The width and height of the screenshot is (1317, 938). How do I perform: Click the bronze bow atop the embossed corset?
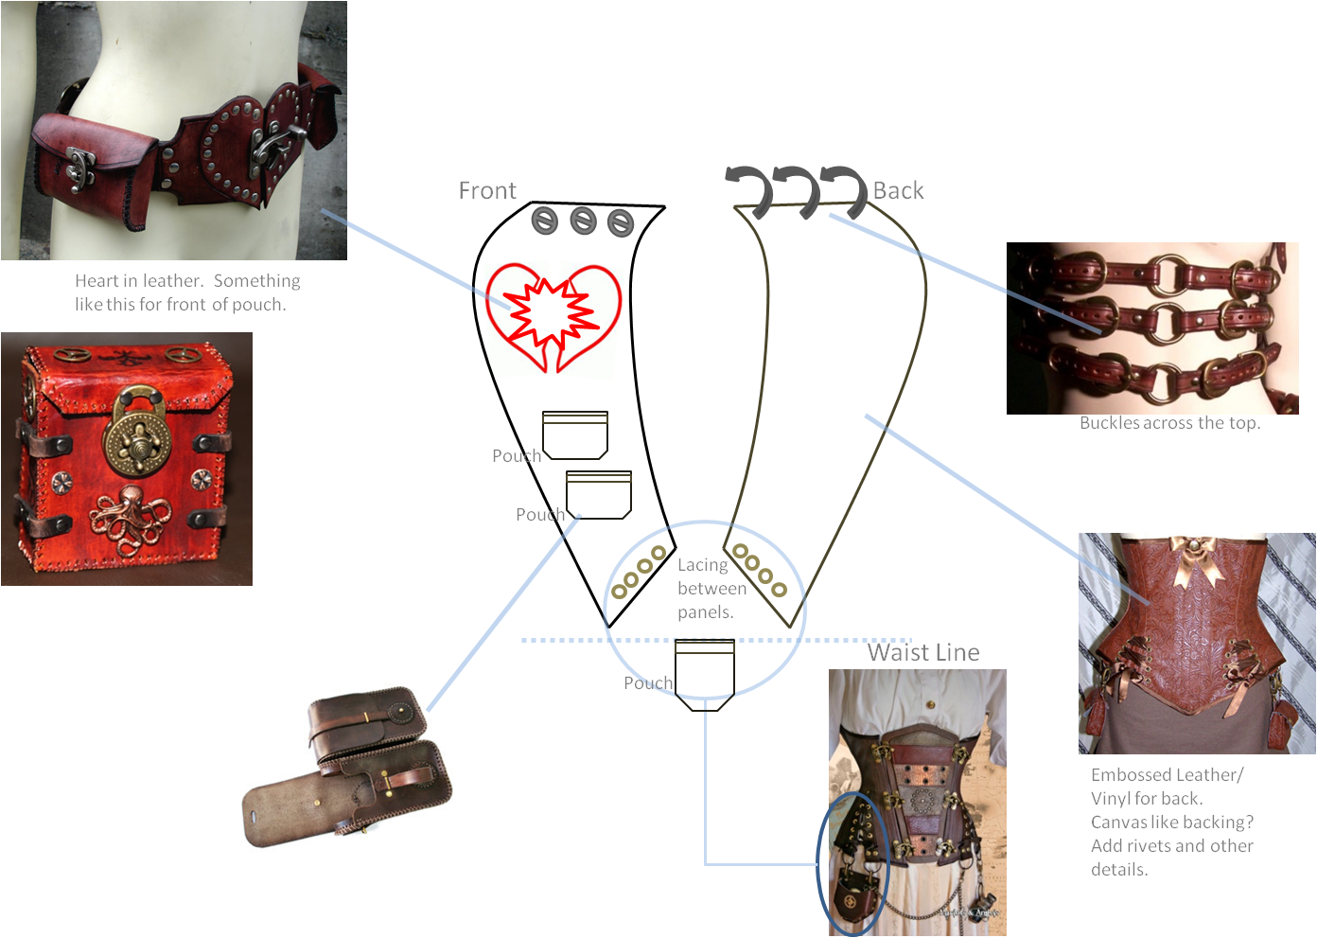(x=1195, y=558)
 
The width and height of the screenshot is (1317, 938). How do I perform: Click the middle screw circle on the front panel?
(x=583, y=222)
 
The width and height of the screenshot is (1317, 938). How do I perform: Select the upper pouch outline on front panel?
(x=574, y=435)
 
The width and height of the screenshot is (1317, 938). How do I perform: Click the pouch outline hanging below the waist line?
(x=705, y=674)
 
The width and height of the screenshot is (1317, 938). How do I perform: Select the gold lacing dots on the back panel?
(x=761, y=571)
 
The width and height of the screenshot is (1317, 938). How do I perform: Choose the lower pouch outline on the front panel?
(x=598, y=494)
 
